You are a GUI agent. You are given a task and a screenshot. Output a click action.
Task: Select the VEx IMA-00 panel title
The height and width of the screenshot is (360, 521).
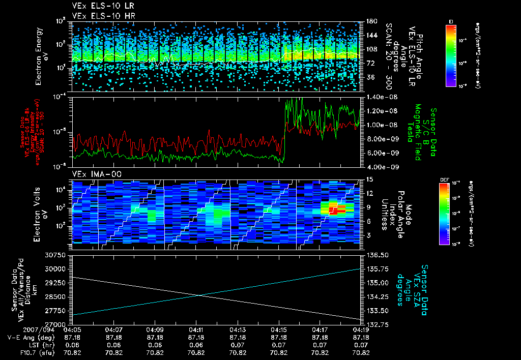pyautogui.click(x=93, y=174)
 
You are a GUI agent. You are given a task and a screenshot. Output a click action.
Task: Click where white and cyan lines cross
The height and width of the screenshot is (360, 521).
pyautogui.click(x=199, y=295)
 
